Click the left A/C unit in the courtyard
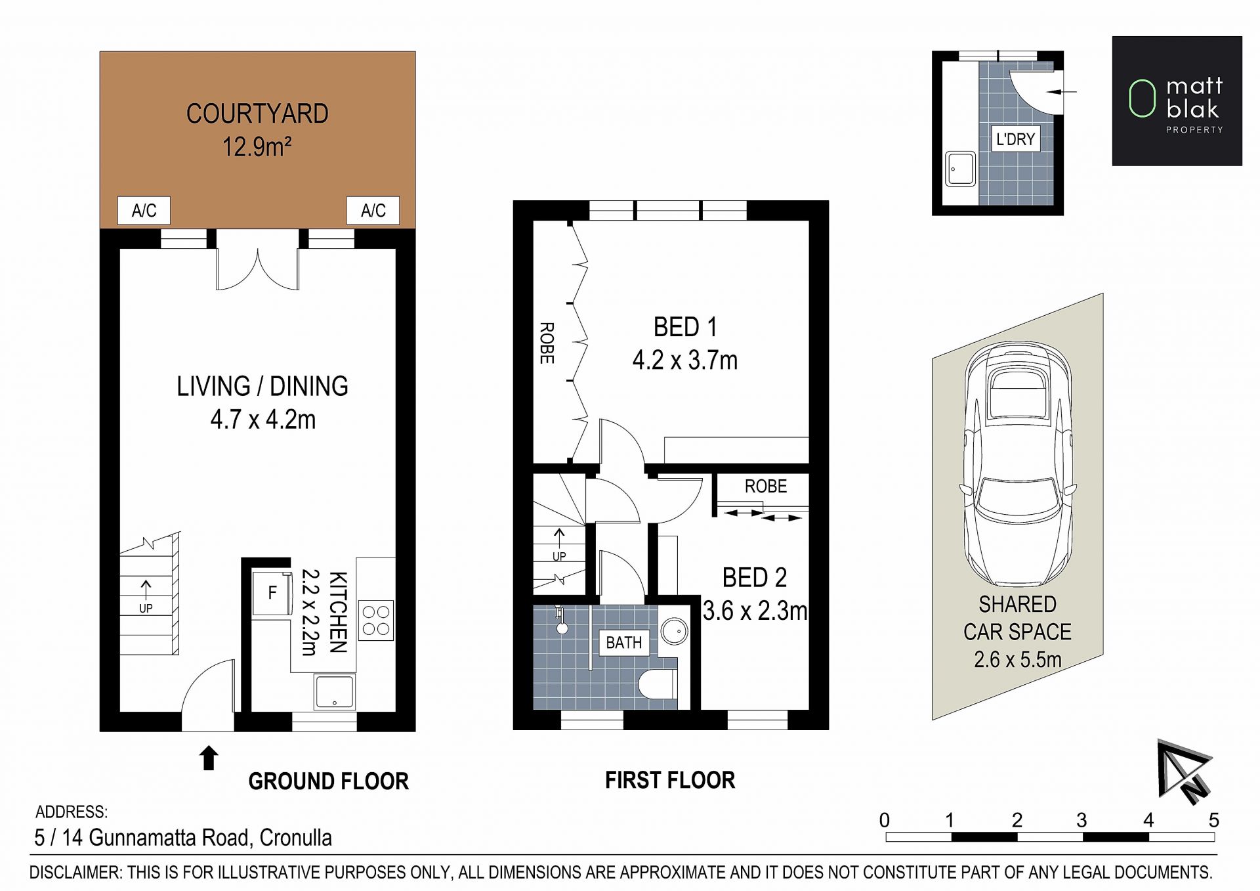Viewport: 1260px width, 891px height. point(144,210)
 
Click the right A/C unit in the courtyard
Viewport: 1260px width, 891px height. point(373,210)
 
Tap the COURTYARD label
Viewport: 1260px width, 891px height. point(257,114)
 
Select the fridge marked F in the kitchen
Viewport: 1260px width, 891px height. point(272,592)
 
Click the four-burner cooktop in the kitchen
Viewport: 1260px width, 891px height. point(376,620)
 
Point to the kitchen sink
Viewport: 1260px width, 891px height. point(335,692)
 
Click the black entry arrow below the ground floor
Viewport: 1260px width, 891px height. point(209,758)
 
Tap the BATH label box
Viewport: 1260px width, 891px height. point(624,643)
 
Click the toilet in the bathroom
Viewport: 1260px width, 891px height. point(658,685)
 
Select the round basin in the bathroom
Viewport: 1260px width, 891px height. point(674,632)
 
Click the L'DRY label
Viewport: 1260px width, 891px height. point(1015,139)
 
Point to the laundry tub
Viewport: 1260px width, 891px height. point(960,169)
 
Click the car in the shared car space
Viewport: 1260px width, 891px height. point(1018,464)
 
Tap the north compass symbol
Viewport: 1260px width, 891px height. point(1185,771)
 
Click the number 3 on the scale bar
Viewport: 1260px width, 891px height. point(1081,820)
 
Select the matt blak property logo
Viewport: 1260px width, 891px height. point(1177,100)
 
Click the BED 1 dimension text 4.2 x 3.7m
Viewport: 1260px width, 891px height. point(685,360)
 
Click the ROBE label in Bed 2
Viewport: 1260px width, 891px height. point(765,487)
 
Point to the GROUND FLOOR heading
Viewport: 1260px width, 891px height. point(328,781)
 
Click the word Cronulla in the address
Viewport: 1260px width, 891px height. point(295,838)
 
